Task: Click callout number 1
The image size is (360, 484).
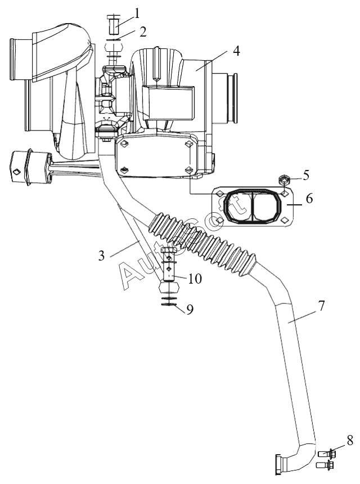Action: [x=136, y=14]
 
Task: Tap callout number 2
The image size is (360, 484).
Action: [x=142, y=32]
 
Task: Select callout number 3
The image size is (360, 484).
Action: [x=101, y=256]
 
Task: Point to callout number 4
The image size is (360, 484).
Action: [x=236, y=51]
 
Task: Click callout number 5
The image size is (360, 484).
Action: [x=305, y=175]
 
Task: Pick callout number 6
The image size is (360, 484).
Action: [x=309, y=198]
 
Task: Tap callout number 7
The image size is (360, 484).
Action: [x=321, y=306]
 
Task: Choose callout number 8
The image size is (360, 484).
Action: [x=350, y=441]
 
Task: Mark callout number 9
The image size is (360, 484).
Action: [x=190, y=310]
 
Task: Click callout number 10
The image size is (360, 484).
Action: [x=195, y=279]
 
